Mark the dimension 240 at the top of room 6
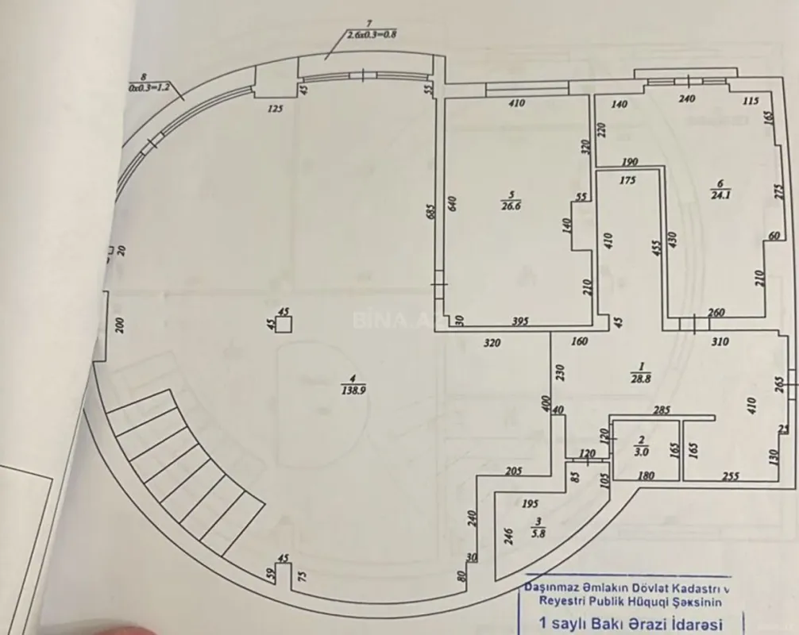[687, 99]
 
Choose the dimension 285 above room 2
[663, 410]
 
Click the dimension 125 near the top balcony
[275, 109]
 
